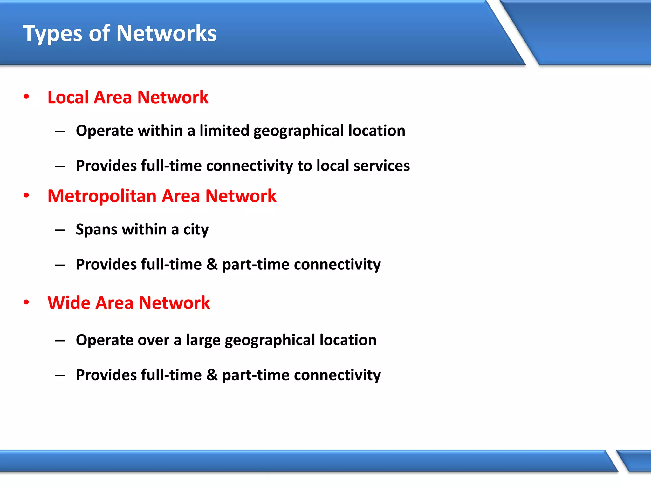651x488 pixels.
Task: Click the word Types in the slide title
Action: (52, 34)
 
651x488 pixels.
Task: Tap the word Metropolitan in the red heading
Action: (102, 196)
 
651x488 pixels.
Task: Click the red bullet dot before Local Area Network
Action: (26, 97)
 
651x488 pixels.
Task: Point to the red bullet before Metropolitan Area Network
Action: (26, 195)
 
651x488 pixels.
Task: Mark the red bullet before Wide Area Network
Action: (26, 302)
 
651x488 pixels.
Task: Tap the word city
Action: (196, 230)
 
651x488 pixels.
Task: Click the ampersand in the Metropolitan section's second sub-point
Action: (212, 264)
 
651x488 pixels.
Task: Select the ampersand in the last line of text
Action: (212, 375)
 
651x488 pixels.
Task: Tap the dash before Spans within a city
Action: (60, 230)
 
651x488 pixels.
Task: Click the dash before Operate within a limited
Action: (60, 131)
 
